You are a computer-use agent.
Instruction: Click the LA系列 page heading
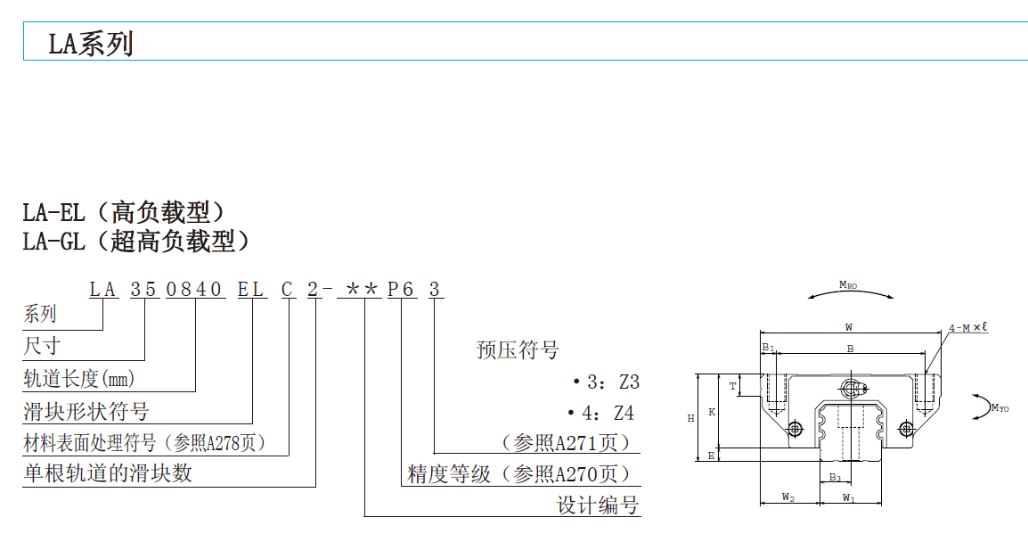point(91,43)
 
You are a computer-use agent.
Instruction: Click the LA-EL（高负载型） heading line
point(124,212)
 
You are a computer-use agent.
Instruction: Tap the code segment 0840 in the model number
point(195,290)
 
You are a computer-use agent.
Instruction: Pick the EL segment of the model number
point(251,290)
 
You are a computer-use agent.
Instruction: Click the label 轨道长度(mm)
point(78,379)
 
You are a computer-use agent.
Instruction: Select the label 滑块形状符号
point(86,411)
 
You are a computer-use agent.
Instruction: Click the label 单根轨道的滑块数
point(107,473)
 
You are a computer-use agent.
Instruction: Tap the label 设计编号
point(598,505)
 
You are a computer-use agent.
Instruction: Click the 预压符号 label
point(518,350)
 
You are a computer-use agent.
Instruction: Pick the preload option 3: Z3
point(607,382)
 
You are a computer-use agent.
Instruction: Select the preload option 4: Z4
point(603,414)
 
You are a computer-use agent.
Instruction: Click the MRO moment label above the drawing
point(848,284)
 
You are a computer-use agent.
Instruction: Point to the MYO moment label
point(999,408)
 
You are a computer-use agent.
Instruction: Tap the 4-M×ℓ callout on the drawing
point(967,328)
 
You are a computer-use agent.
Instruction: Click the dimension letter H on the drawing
point(691,417)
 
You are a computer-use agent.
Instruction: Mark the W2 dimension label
point(788,497)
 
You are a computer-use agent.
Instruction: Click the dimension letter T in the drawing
point(733,386)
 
